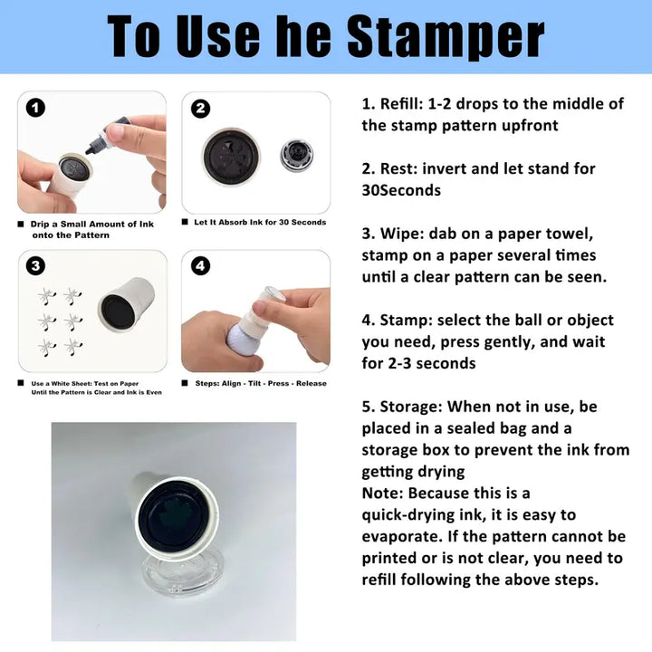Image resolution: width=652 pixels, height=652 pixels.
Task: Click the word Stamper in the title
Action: pyautogui.click(x=446, y=36)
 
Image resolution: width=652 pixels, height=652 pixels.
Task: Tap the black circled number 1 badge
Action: pyautogui.click(x=35, y=108)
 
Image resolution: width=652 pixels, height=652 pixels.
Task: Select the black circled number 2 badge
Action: pyautogui.click(x=200, y=109)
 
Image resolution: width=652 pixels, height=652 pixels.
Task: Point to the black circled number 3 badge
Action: pyautogui.click(x=35, y=265)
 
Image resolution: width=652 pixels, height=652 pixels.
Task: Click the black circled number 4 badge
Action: pyautogui.click(x=200, y=265)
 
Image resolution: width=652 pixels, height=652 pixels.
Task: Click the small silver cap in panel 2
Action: pyautogui.click(x=296, y=155)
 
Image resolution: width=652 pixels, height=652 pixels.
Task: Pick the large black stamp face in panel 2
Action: pyautogui.click(x=231, y=156)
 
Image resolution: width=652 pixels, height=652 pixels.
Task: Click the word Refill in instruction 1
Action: pyautogui.click(x=399, y=103)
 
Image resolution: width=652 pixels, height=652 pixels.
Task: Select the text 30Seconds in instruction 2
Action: pyautogui.click(x=401, y=190)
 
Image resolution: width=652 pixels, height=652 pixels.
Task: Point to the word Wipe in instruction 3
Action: pyautogui.click(x=399, y=234)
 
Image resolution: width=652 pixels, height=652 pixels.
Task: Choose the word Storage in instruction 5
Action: pyautogui.click(x=408, y=407)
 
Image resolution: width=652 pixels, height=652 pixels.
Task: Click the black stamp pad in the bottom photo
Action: pyautogui.click(x=173, y=513)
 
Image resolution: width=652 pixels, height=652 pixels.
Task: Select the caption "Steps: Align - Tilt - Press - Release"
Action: pyautogui.click(x=261, y=383)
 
